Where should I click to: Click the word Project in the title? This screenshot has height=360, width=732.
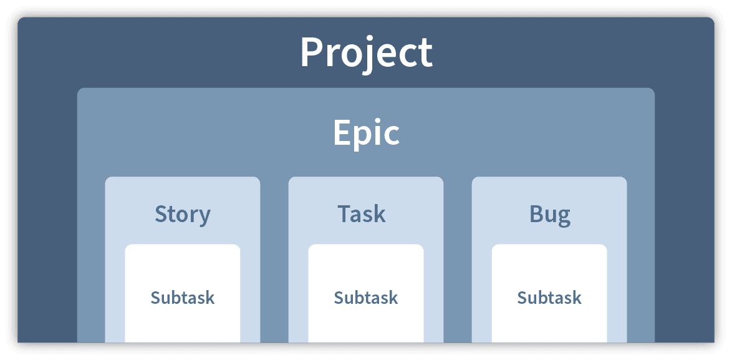(367, 53)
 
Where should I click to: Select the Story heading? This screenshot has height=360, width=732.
(183, 215)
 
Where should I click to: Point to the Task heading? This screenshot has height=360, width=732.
(362, 214)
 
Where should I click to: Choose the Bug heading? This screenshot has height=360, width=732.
(550, 215)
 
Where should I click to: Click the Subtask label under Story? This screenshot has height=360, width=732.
(183, 298)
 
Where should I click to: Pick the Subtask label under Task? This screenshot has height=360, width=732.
(366, 298)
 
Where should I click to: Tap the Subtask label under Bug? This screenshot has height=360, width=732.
(549, 298)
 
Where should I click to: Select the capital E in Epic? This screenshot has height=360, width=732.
(342, 133)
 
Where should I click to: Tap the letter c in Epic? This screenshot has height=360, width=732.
(391, 137)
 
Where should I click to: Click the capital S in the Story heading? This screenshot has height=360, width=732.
(161, 215)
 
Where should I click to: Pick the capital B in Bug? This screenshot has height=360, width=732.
(536, 215)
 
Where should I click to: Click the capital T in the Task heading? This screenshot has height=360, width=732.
(345, 215)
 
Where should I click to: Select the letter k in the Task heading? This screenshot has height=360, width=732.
(380, 214)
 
